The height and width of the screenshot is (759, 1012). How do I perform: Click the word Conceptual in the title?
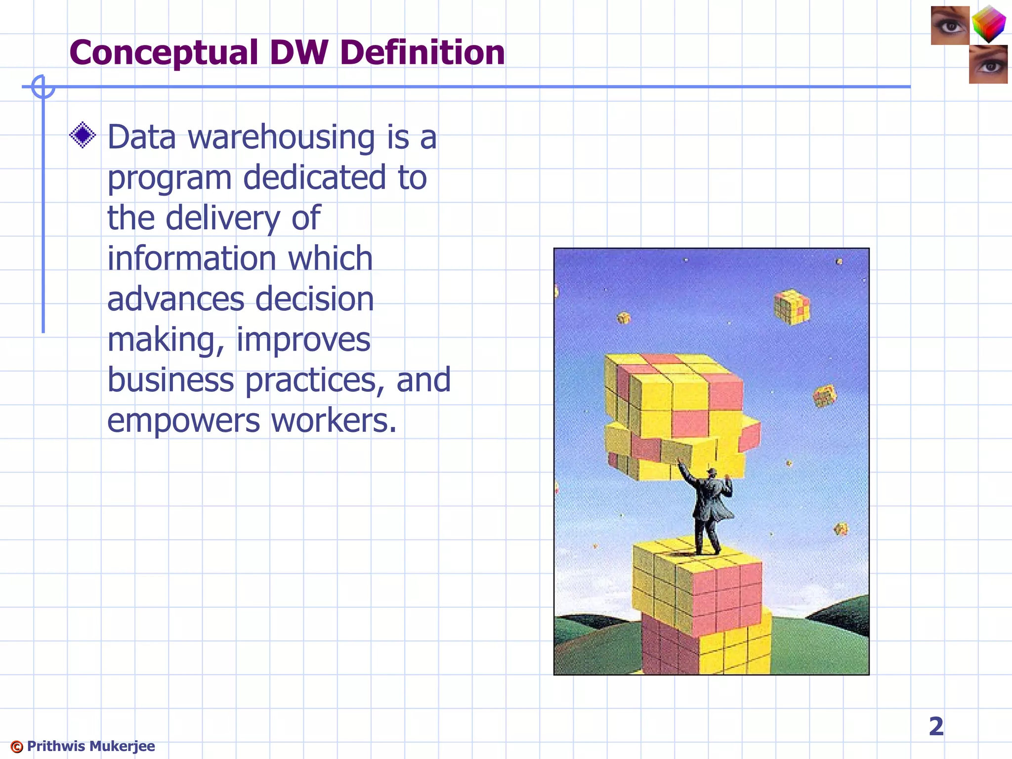tap(164, 52)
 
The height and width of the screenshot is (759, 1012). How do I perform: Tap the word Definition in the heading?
tap(422, 52)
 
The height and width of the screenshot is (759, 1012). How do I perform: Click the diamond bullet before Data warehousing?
tap(83, 135)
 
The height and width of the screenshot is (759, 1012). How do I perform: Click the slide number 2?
tap(936, 726)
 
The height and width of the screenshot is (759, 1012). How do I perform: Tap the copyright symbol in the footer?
tap(17, 747)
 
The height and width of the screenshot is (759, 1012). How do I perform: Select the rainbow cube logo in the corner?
tap(989, 24)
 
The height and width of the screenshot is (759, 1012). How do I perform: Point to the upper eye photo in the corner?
tap(950, 26)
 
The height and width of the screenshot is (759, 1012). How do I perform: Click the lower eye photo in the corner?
tap(988, 65)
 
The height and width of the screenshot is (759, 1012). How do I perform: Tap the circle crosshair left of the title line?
tap(42, 87)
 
